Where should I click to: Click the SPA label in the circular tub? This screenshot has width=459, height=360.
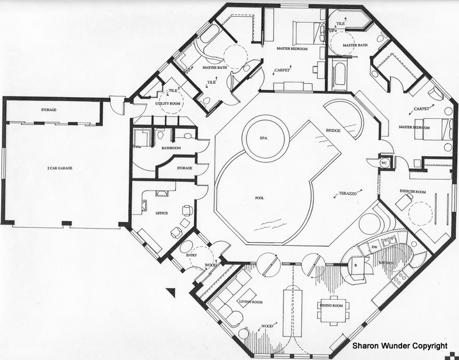pyautogui.click(x=264, y=140)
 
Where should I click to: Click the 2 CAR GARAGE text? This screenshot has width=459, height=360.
pyautogui.click(x=60, y=169)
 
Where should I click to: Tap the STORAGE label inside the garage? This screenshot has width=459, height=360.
pyautogui.click(x=48, y=110)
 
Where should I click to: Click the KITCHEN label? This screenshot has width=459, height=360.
pyautogui.click(x=386, y=263)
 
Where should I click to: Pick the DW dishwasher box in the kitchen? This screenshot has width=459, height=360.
pyautogui.click(x=374, y=247)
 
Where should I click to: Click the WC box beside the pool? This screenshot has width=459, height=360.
pyautogui.click(x=384, y=164)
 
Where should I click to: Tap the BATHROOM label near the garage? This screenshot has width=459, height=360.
pyautogui.click(x=171, y=148)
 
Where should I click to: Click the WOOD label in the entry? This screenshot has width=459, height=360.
pyautogui.click(x=211, y=265)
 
